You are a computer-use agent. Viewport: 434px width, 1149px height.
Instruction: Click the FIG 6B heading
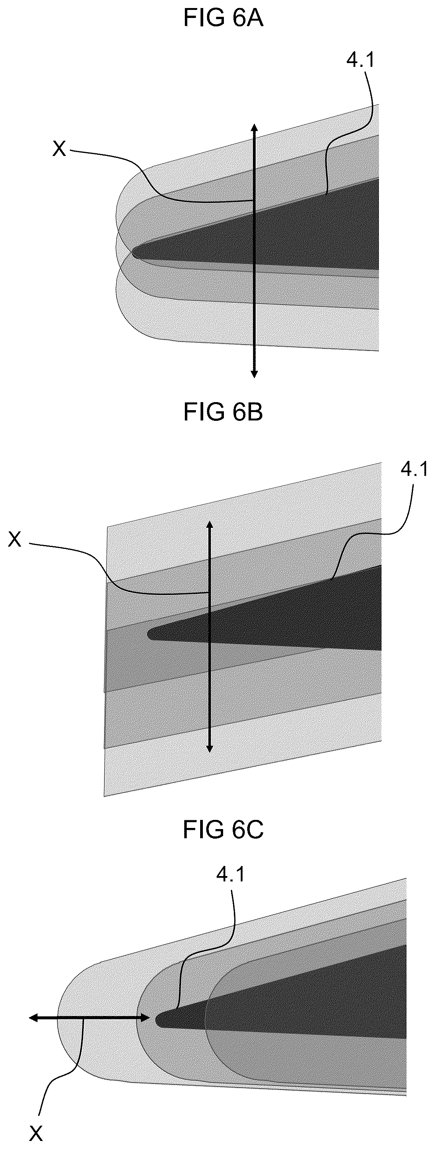pos(223,412)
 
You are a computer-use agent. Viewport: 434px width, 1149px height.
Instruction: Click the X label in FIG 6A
pos(59,149)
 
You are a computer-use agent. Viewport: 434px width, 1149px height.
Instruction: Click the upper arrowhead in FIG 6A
pos(254,128)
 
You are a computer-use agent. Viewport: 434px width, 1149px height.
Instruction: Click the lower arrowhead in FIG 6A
pos(254,373)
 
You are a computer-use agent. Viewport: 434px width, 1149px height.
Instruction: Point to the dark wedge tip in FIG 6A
pos(133,253)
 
